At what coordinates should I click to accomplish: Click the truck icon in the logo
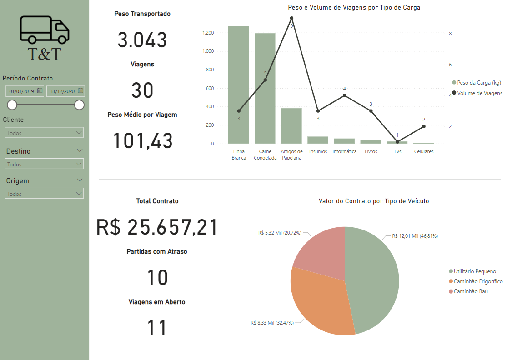pyautogui.click(x=45, y=30)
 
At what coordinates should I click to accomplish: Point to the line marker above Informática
pyautogui.click(x=345, y=95)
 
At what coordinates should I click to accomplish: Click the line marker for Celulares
pyautogui.click(x=424, y=126)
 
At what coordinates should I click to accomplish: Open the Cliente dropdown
pyautogui.click(x=44, y=133)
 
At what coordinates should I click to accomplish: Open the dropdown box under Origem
pyautogui.click(x=44, y=194)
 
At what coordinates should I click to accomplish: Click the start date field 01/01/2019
pyautogui.click(x=22, y=91)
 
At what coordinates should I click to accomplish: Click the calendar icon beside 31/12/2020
pyautogui.click(x=80, y=91)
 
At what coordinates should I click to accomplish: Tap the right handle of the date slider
pyautogui.click(x=79, y=105)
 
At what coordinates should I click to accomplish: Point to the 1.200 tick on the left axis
pyautogui.click(x=208, y=33)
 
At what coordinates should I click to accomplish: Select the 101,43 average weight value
pyautogui.click(x=143, y=140)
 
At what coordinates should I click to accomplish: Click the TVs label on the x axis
pyautogui.click(x=397, y=152)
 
